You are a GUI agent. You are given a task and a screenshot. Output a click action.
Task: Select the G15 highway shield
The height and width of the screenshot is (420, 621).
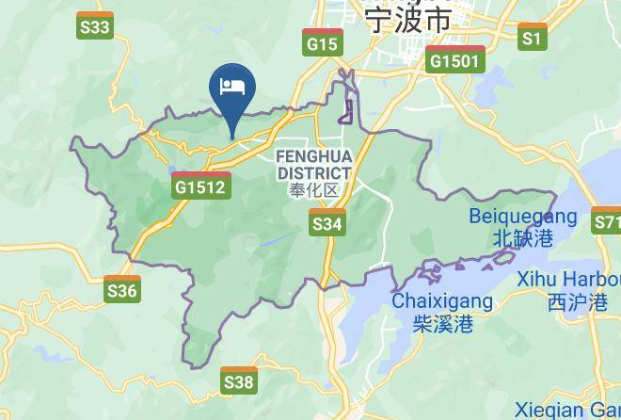(322, 42)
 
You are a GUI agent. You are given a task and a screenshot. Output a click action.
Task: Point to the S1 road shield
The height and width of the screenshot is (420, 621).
(533, 37)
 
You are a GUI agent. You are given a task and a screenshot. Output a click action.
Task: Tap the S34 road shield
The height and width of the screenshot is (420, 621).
(326, 222)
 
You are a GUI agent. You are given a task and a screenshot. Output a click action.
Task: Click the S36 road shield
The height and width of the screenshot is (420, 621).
(122, 289)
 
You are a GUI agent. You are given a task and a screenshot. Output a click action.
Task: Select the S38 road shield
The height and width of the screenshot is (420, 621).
(239, 380)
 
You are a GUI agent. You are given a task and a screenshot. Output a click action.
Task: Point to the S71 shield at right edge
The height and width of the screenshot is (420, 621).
(606, 222)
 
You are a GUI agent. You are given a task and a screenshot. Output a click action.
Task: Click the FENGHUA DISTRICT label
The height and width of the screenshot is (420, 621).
(314, 165)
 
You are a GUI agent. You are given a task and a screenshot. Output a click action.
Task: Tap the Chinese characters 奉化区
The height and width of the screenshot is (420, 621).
(314, 191)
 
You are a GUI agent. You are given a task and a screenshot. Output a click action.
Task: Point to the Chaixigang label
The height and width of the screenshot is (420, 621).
(442, 302)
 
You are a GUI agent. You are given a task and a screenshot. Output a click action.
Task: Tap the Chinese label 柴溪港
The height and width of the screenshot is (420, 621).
(442, 325)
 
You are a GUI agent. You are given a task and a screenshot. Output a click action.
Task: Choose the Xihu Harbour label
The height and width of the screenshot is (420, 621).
(568, 280)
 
